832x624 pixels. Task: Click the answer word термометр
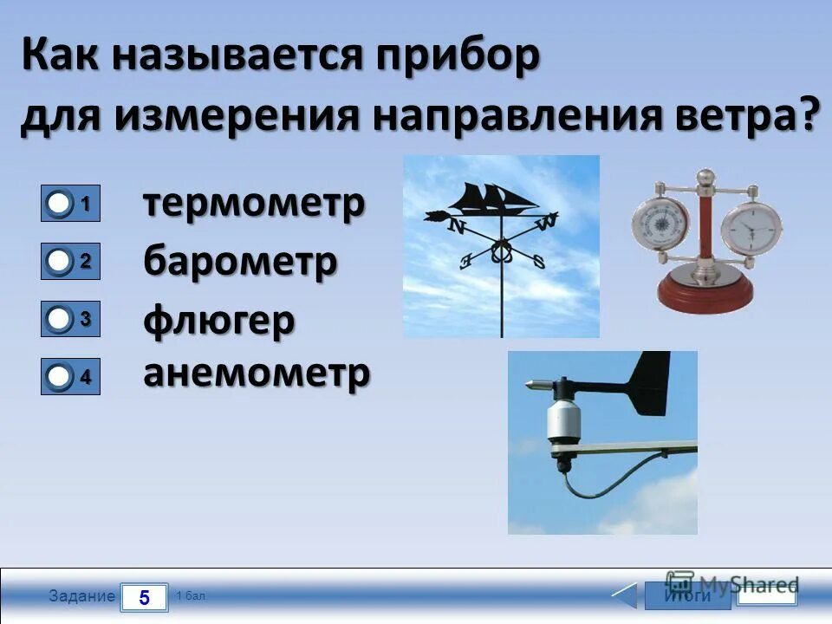(253, 205)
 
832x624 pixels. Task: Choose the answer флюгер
(218, 321)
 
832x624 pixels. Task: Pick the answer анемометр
(257, 374)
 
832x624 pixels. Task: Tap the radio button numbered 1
(60, 205)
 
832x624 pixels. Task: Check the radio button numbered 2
(60, 261)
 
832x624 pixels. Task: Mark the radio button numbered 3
(60, 320)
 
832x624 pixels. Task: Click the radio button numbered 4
(60, 377)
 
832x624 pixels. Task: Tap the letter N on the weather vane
(456, 227)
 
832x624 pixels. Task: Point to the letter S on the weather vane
(538, 261)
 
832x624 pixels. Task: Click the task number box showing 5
(144, 597)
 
